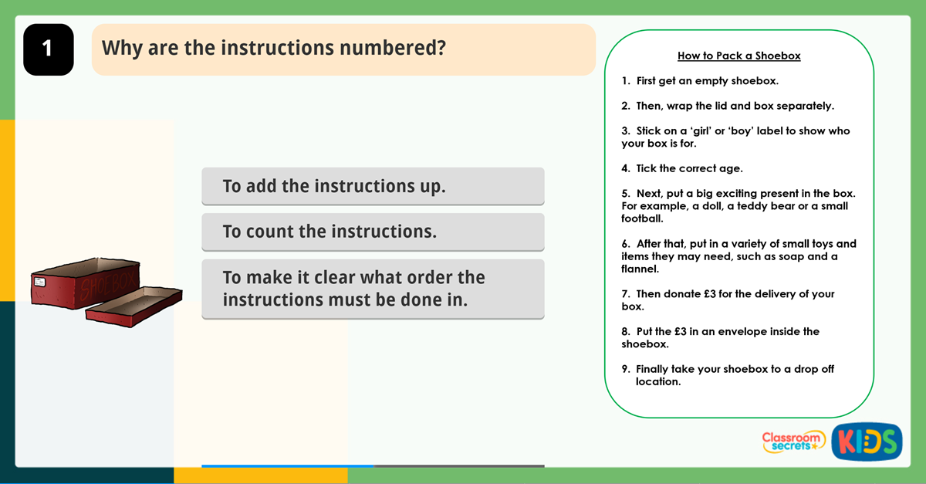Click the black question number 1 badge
(48, 49)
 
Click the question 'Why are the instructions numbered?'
(274, 48)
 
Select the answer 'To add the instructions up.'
(373, 186)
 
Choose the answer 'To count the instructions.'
(373, 232)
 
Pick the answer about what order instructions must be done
(373, 289)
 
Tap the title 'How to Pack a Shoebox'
(738, 56)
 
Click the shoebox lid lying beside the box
(133, 305)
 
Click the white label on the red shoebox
(39, 283)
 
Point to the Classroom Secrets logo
(793, 441)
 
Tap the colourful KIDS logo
(867, 442)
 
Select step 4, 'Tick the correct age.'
(689, 168)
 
